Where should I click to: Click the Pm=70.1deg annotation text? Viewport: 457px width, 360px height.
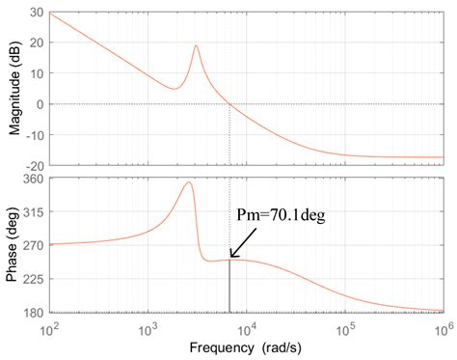[280, 217]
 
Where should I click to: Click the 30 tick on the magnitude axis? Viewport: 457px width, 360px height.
[37, 13]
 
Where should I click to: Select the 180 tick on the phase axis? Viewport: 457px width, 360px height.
[34, 313]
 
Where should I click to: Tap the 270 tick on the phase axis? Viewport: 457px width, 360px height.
[34, 245]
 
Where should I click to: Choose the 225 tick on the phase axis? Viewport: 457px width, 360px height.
[34, 279]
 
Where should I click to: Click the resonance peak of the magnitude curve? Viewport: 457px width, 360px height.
[196, 45]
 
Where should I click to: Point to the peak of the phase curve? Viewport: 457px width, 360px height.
[189, 182]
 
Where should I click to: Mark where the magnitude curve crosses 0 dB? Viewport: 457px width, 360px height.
[229, 104]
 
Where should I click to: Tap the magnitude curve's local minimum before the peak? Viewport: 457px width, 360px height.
[173, 89]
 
